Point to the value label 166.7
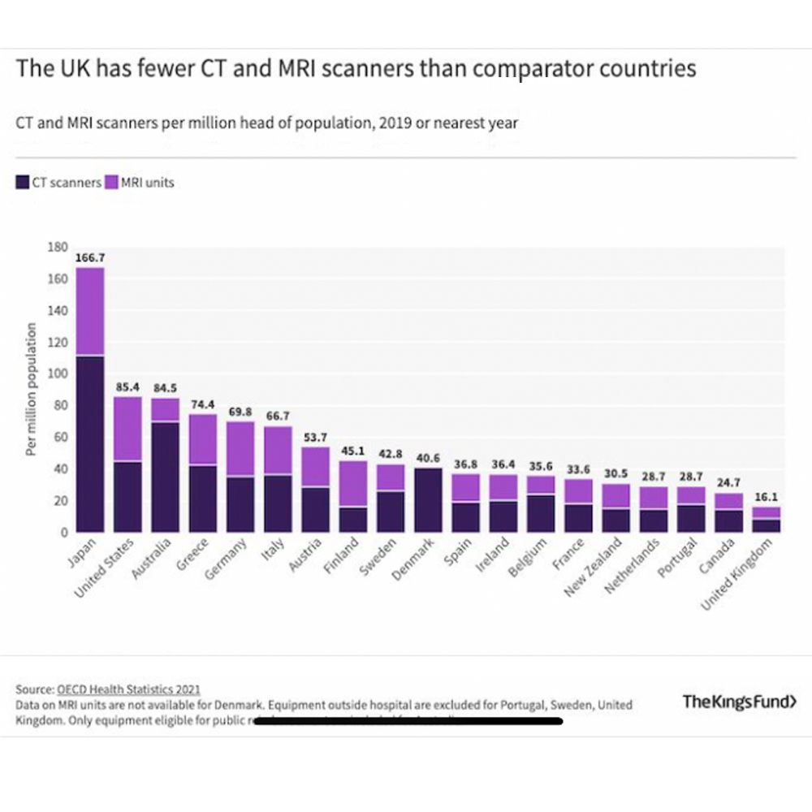point(90,258)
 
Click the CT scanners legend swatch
point(23,183)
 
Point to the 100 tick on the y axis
point(57,374)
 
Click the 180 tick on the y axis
point(57,247)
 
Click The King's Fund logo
point(739,702)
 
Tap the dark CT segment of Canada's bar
point(729,520)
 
